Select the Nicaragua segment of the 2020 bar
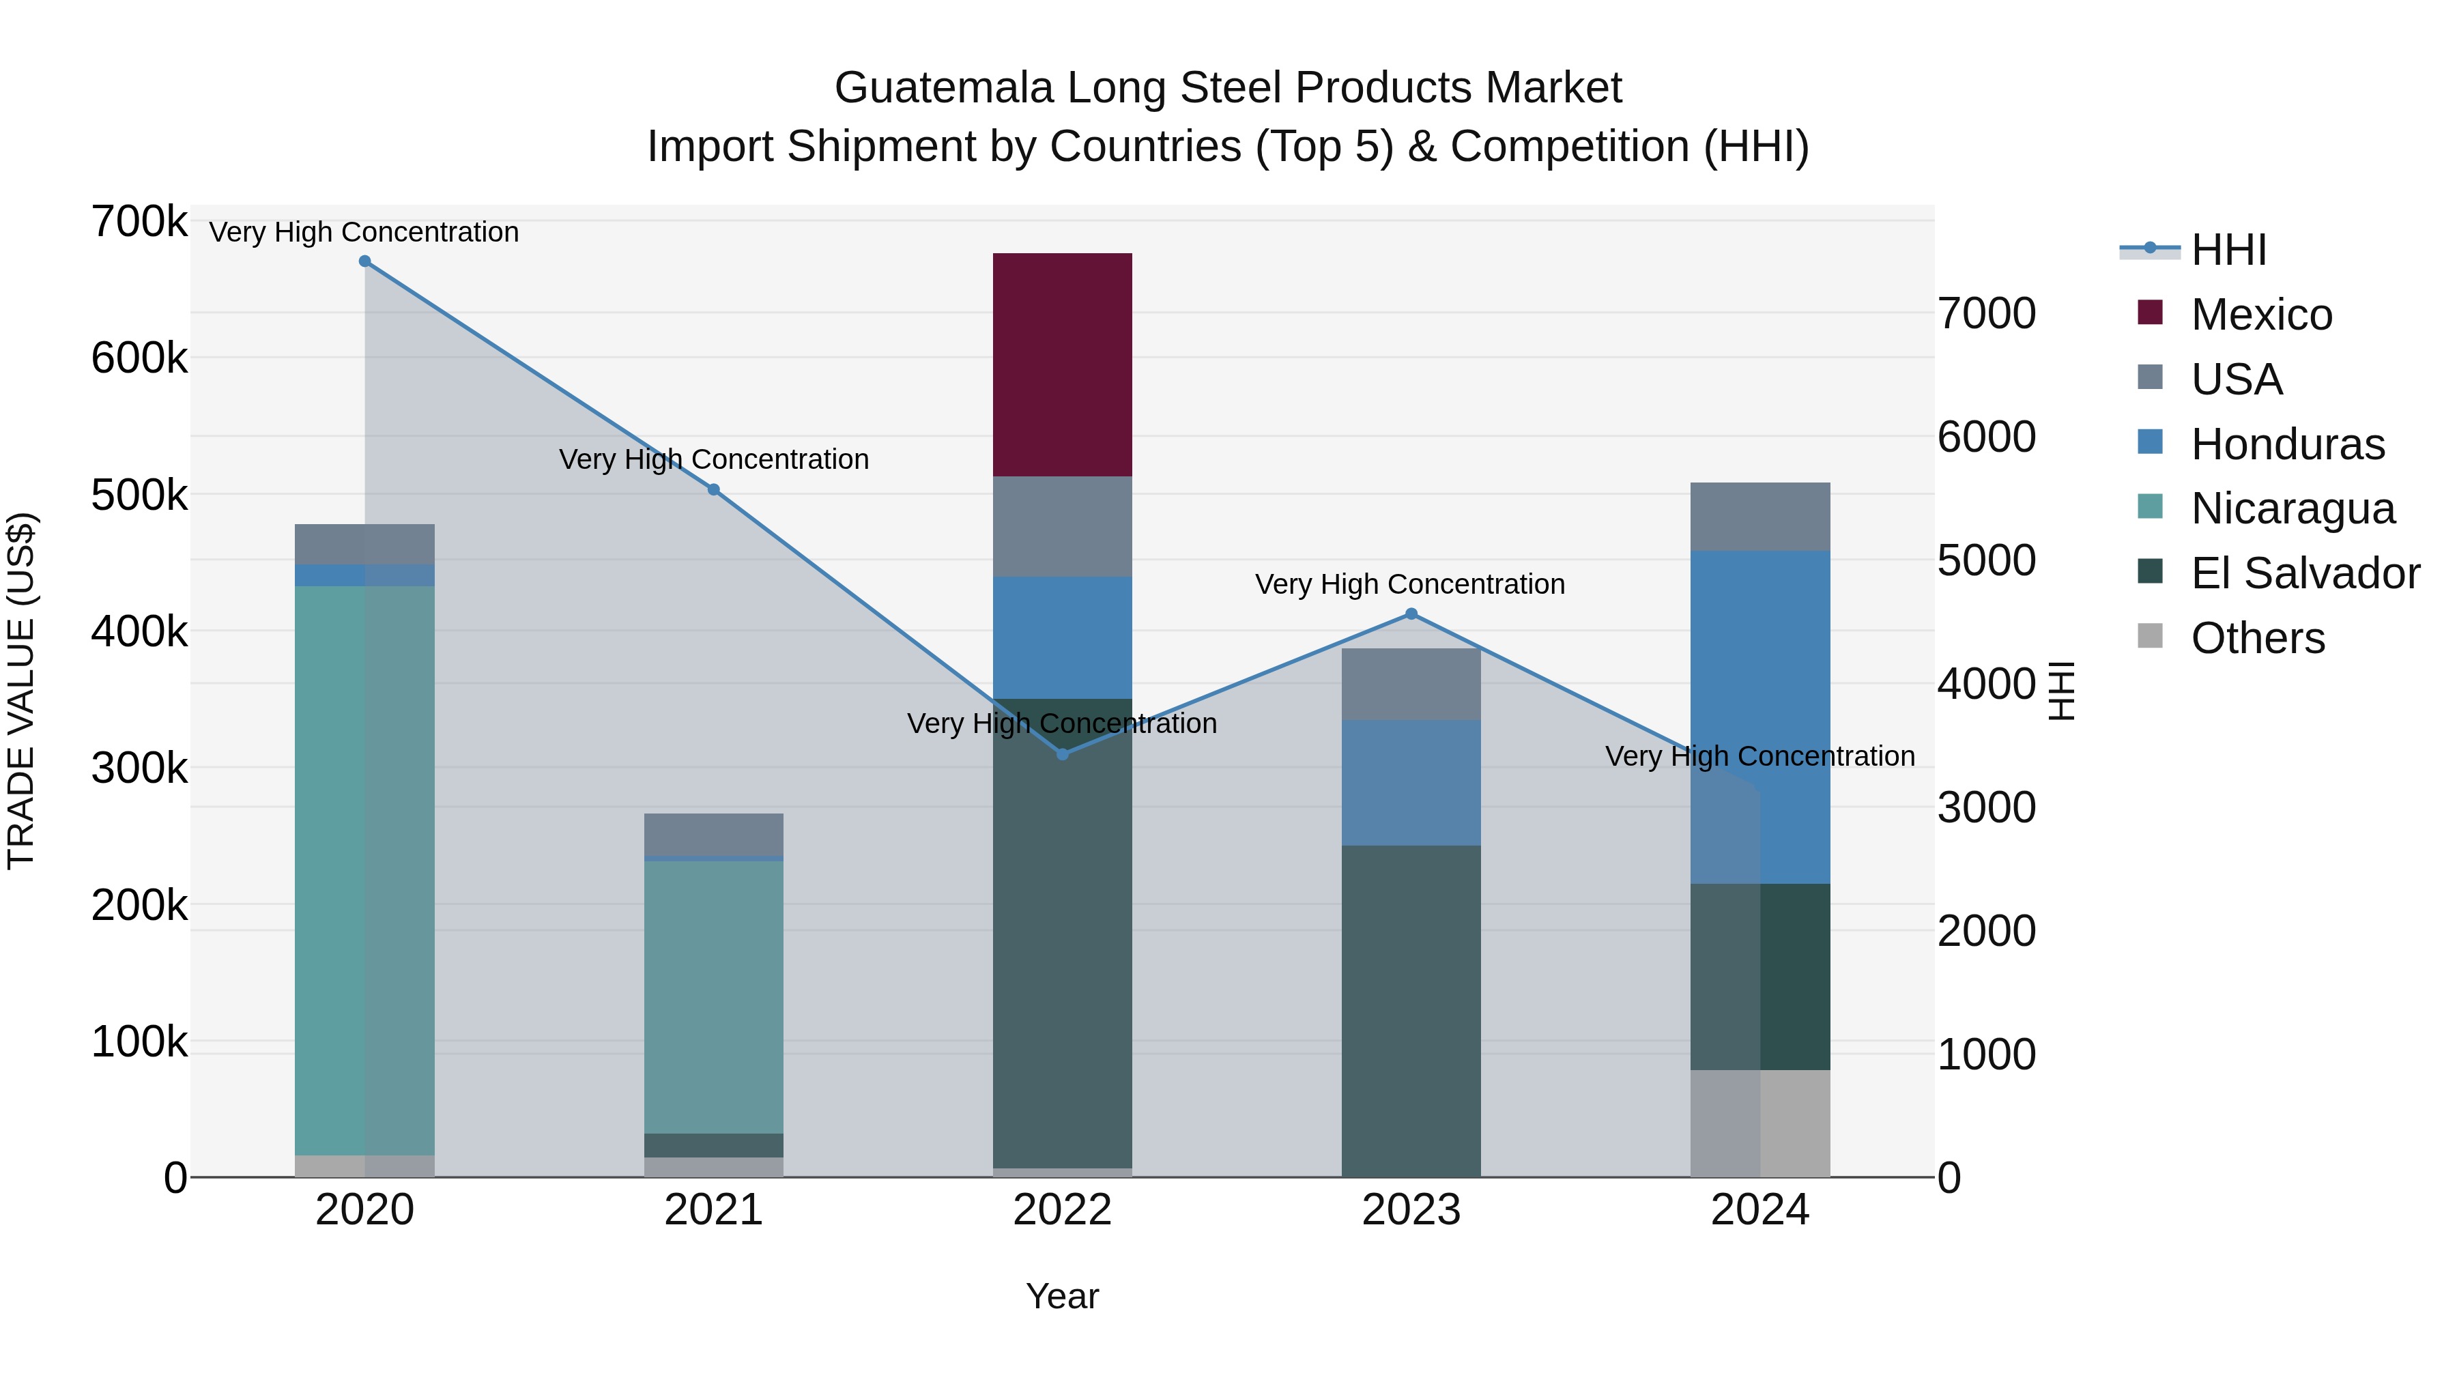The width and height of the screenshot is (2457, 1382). tap(364, 870)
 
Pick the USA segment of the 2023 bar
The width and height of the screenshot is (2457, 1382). tap(1411, 684)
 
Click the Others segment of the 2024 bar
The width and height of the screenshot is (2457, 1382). tap(1759, 1123)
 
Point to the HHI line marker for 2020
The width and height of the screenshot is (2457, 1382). tap(364, 261)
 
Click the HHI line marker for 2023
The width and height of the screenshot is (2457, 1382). tap(1411, 614)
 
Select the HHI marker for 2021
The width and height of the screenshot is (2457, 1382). tap(713, 490)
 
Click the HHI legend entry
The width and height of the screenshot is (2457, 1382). tap(2228, 250)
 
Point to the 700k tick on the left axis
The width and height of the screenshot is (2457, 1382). tap(139, 222)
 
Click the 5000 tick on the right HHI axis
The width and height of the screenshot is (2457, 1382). tap(1987, 561)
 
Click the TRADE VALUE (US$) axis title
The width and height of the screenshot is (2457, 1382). tap(21, 691)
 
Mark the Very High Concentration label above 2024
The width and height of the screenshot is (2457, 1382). tap(1759, 756)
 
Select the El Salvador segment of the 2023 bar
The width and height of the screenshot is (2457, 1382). tap(1411, 1011)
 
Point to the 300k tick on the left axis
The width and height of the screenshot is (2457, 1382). tap(139, 768)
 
